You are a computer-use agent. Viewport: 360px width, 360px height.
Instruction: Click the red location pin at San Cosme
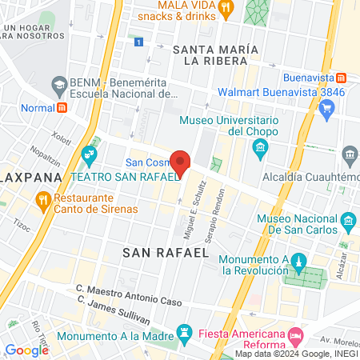pyautogui.click(x=181, y=162)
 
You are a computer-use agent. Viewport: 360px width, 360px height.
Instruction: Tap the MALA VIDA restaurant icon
pyautogui.click(x=226, y=9)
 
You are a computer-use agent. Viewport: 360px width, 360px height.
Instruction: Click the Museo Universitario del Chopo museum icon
pyautogui.click(x=260, y=148)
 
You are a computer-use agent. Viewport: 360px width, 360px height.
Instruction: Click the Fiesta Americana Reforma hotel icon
pyautogui.click(x=297, y=334)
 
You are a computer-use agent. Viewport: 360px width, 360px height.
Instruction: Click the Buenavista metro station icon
pyautogui.click(x=342, y=78)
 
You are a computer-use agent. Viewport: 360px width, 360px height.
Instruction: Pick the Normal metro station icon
pyautogui.click(x=62, y=106)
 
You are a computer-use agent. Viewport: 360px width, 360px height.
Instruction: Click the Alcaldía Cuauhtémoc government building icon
pyautogui.click(x=349, y=154)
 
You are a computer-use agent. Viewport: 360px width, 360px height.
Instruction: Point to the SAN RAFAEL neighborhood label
pyautogui.click(x=166, y=252)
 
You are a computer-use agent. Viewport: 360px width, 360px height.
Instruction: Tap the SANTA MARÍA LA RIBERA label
pyautogui.click(x=216, y=54)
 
